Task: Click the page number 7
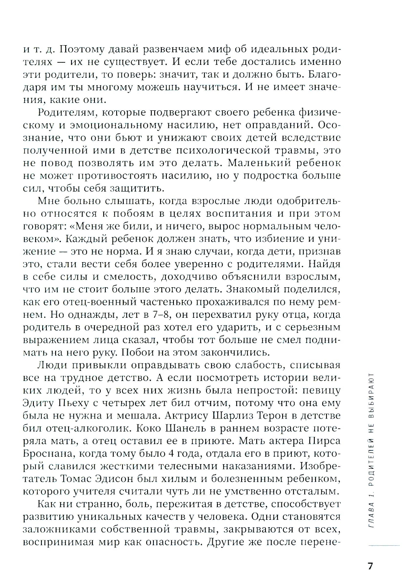(370, 566)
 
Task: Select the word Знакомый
(248, 289)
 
